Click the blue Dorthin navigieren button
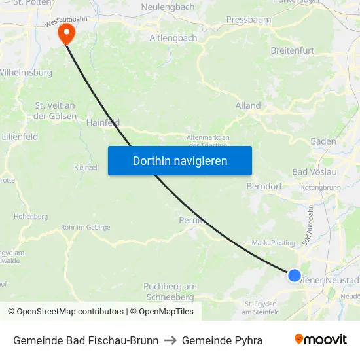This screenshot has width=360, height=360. click(x=179, y=160)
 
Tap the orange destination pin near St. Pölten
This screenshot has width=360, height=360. click(x=66, y=33)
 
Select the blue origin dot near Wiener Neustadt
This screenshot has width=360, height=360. click(x=295, y=276)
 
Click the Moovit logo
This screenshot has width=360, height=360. click(x=321, y=340)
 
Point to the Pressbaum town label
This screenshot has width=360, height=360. click(x=248, y=20)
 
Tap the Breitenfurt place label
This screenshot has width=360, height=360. click(x=292, y=50)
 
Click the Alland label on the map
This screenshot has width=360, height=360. click(x=248, y=105)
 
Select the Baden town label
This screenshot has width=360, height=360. click(x=323, y=141)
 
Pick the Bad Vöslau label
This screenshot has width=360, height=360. click(x=314, y=171)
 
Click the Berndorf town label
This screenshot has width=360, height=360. click(x=264, y=187)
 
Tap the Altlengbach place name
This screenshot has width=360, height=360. click(x=173, y=38)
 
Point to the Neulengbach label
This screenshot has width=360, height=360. click(x=168, y=7)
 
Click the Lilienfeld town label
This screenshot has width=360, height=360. click(x=19, y=137)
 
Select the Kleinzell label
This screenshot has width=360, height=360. click(x=86, y=168)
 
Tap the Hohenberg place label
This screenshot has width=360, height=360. click(x=31, y=216)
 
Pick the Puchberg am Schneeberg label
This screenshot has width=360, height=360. click(x=170, y=291)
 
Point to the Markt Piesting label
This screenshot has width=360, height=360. click(x=274, y=243)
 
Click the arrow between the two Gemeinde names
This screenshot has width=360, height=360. click(x=170, y=340)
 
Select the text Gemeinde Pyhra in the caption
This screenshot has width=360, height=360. click(x=222, y=340)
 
